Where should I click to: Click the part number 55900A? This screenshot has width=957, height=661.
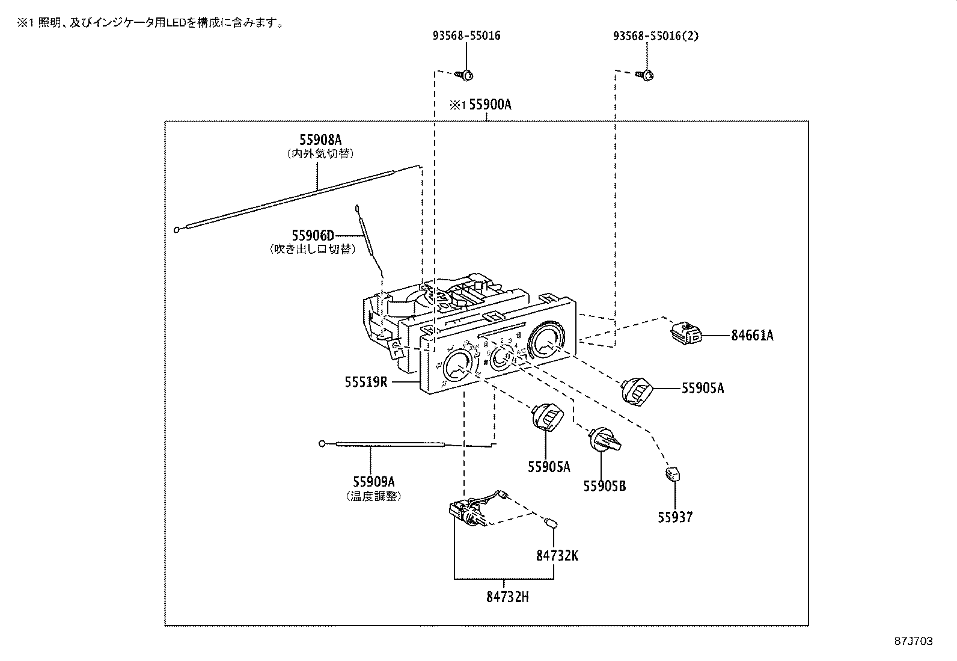point(489,105)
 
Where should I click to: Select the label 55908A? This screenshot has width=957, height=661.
point(320,140)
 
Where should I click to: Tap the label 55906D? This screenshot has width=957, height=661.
point(312,236)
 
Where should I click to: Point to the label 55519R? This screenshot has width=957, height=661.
point(365,381)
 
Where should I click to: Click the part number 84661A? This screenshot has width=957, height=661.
point(752,336)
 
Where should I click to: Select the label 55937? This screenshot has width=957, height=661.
point(674,517)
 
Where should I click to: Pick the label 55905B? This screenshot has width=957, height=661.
point(604,485)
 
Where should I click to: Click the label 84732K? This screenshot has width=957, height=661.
point(557,556)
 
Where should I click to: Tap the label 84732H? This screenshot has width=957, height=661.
point(508,597)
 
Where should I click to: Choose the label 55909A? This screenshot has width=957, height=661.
point(373,482)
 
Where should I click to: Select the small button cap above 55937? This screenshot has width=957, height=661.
point(671,475)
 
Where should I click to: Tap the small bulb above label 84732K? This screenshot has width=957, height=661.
point(550,523)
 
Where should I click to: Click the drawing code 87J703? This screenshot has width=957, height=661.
point(912,641)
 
